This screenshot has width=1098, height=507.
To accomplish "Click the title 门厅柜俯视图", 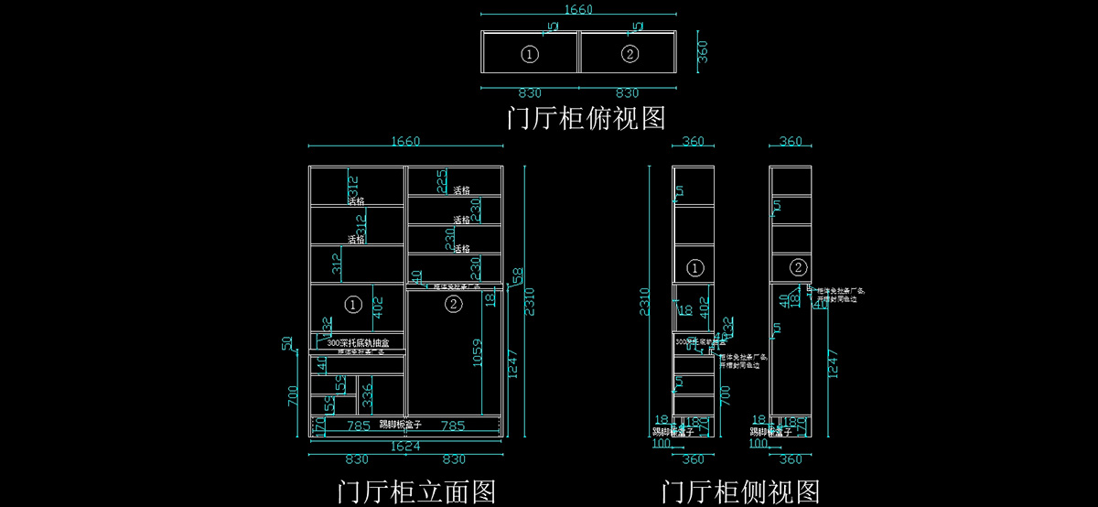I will (x=586, y=118).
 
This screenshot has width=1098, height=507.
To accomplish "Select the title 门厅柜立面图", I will (x=416, y=491).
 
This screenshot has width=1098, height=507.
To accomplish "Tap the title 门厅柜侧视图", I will (x=740, y=491).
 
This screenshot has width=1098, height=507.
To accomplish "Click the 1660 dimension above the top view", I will (x=578, y=10).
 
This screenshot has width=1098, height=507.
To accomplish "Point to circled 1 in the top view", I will (x=530, y=54).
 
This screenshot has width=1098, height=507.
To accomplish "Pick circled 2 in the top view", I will (x=630, y=54).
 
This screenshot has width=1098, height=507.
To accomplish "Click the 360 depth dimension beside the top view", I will (x=703, y=52).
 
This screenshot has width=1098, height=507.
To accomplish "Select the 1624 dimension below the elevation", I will (x=405, y=448).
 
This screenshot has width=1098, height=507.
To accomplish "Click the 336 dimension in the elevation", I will (x=367, y=395).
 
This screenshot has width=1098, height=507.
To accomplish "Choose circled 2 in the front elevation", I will (x=454, y=305).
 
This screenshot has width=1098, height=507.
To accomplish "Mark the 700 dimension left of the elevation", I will (x=293, y=396).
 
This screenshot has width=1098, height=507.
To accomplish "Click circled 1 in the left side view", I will (x=695, y=268).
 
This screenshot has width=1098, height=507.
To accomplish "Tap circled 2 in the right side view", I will (x=798, y=268).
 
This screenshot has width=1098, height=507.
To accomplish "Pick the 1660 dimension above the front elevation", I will (x=404, y=141).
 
